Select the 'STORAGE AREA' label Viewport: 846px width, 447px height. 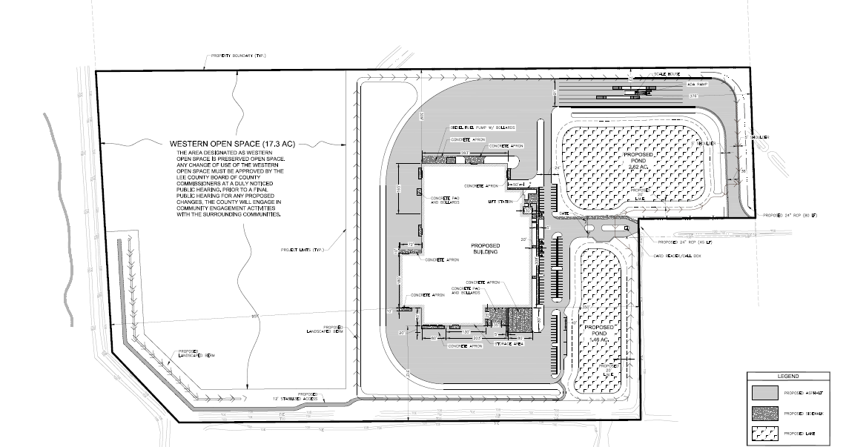pos(511,343)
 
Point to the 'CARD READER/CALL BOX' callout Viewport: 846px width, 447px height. pos(677,256)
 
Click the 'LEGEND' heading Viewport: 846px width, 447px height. pos(787,377)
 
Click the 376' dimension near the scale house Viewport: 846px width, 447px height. pos(693,96)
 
